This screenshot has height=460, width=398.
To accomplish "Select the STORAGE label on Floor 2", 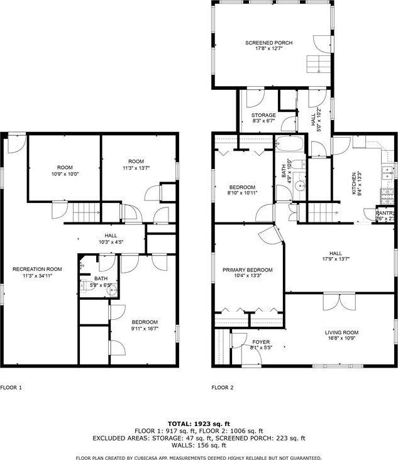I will (263, 116).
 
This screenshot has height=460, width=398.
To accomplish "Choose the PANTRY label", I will (385, 213).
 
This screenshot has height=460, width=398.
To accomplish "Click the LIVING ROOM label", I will (341, 332).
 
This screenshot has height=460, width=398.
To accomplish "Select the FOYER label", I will (260, 342).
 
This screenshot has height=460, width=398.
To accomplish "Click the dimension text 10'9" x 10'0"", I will (65, 174).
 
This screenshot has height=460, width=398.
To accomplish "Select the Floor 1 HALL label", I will (111, 236).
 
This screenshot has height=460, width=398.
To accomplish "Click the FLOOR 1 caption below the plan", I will (11, 388).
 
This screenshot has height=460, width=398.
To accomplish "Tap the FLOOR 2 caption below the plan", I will (223, 388).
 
